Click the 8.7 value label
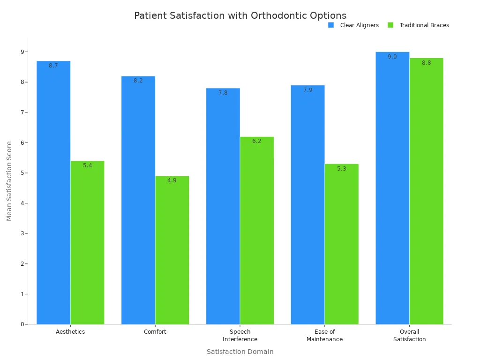53,66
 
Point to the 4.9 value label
172,180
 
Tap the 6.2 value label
257,141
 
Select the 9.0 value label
392,57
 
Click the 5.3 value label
341,169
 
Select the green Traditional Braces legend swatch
390,25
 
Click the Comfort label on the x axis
155,332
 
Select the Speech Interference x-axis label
240,336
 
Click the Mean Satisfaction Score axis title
9,180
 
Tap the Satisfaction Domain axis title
240,352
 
